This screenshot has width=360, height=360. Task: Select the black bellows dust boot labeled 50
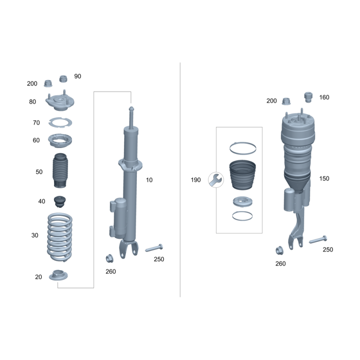coord(60,171)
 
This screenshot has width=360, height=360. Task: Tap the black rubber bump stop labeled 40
coord(60,202)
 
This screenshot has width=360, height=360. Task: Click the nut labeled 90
coord(63,79)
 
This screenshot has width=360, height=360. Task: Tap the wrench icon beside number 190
coord(216,180)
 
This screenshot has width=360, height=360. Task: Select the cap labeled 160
coord(308,97)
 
